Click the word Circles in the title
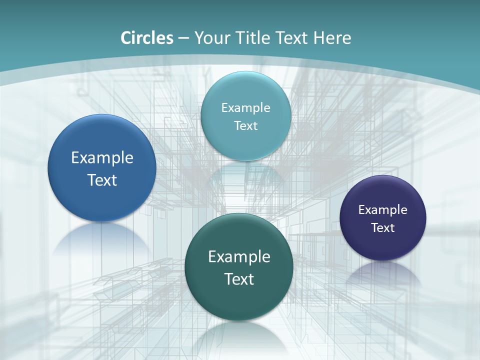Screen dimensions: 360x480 146,38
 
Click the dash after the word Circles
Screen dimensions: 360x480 183,38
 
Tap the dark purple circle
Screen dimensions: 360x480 383,245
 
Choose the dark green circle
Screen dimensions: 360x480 239,300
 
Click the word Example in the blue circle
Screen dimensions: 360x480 102,158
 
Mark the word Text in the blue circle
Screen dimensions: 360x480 102,180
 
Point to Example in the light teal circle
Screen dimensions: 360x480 245,108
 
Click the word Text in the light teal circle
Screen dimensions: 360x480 245,125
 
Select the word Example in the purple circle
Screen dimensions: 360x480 383,210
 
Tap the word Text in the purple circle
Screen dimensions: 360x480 383,228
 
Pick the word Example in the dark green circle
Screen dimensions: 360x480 239,257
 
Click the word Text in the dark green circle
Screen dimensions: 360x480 239,279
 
